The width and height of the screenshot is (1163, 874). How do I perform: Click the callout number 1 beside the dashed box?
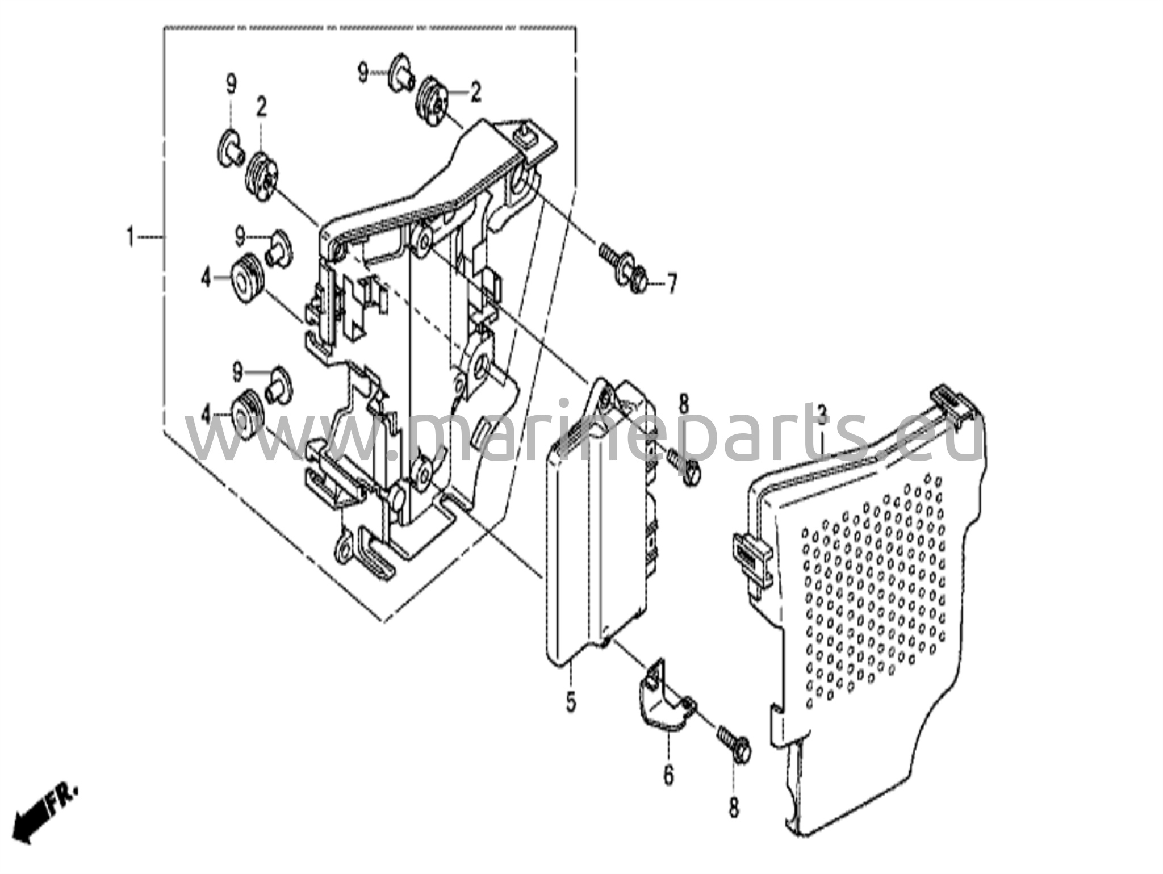pos(131,236)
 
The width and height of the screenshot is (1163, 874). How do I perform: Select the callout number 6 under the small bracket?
pos(668,775)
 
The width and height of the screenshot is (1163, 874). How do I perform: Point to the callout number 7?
pos(672,283)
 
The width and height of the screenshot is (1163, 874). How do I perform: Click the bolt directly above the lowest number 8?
pos(734,744)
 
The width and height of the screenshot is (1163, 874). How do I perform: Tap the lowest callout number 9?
pos(237,373)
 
